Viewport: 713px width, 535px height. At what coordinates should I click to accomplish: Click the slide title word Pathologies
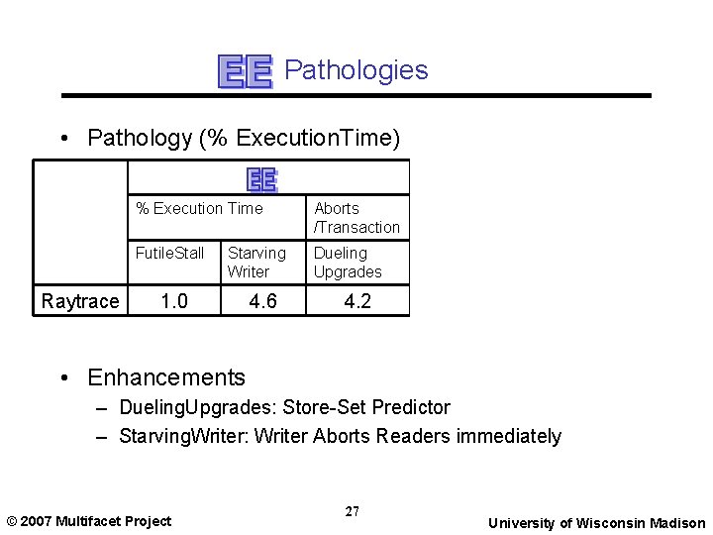pos(356,70)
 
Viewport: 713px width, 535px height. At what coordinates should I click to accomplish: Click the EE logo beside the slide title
pos(245,71)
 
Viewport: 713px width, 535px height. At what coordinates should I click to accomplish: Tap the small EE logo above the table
pos(261,178)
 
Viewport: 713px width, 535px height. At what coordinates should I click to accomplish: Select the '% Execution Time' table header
pos(199,208)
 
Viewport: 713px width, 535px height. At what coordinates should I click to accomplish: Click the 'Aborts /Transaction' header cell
pos(356,217)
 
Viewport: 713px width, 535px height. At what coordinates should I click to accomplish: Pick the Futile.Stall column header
pos(169,253)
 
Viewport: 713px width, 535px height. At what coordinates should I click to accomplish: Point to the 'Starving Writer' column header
pos(256,262)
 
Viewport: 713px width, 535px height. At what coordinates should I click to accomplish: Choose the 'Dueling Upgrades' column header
pos(348,262)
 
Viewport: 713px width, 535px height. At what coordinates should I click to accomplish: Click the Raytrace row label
pos(80,301)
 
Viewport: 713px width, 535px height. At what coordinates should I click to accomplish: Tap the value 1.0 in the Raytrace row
pos(174,301)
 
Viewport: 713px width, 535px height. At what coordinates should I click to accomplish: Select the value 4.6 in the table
pos(262,301)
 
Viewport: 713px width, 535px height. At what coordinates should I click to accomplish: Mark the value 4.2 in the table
pos(356,301)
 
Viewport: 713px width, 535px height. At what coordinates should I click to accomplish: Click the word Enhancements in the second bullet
pos(166,377)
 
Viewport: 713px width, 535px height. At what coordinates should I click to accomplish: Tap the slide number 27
pos(353,511)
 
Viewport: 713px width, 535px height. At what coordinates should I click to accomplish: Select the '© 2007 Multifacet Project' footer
pos(88,521)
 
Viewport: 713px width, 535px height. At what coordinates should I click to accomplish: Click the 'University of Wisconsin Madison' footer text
pos(597,523)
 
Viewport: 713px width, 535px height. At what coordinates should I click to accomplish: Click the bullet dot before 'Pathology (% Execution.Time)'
pos(64,139)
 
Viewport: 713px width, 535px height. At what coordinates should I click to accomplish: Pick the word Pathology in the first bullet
pos(140,139)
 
